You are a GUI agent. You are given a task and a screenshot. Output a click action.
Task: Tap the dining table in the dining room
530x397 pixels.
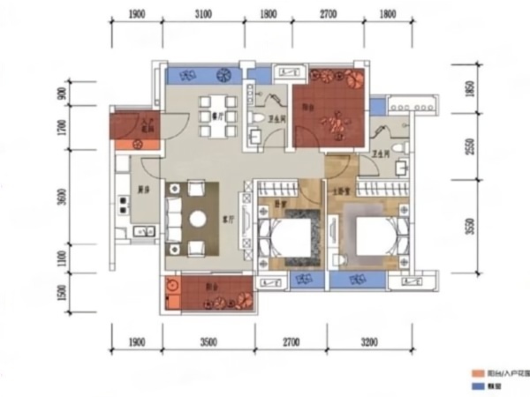click(218, 116)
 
